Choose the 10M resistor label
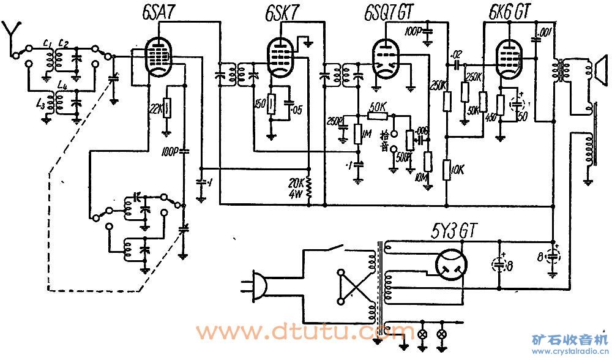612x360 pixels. click(x=419, y=178)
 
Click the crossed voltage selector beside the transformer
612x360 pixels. click(x=353, y=287)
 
